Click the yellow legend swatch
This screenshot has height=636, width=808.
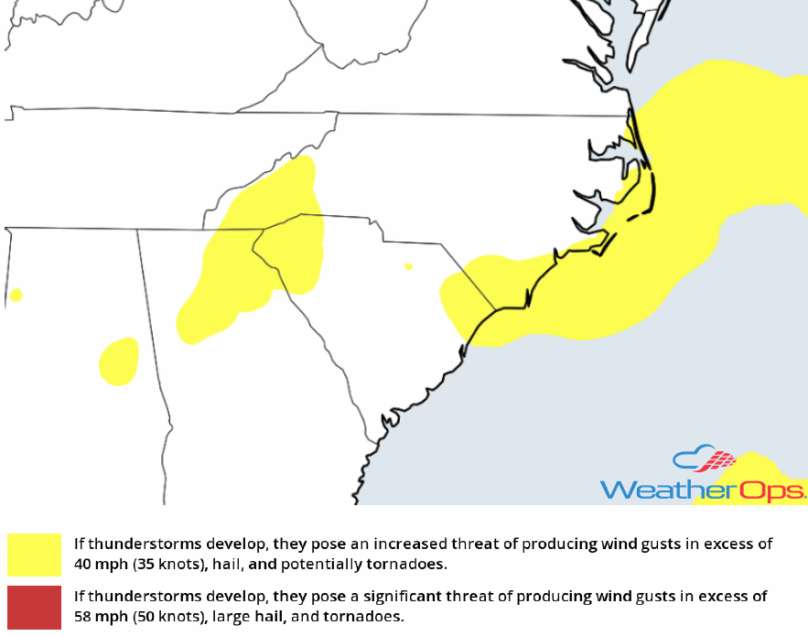[x=34, y=554]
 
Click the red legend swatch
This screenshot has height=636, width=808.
[x=34, y=607]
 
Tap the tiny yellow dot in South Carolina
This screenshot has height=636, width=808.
[x=408, y=266]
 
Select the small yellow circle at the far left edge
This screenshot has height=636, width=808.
[x=15, y=295]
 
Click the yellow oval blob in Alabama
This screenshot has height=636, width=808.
[x=119, y=361]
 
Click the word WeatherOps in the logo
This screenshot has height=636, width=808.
[x=702, y=490]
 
